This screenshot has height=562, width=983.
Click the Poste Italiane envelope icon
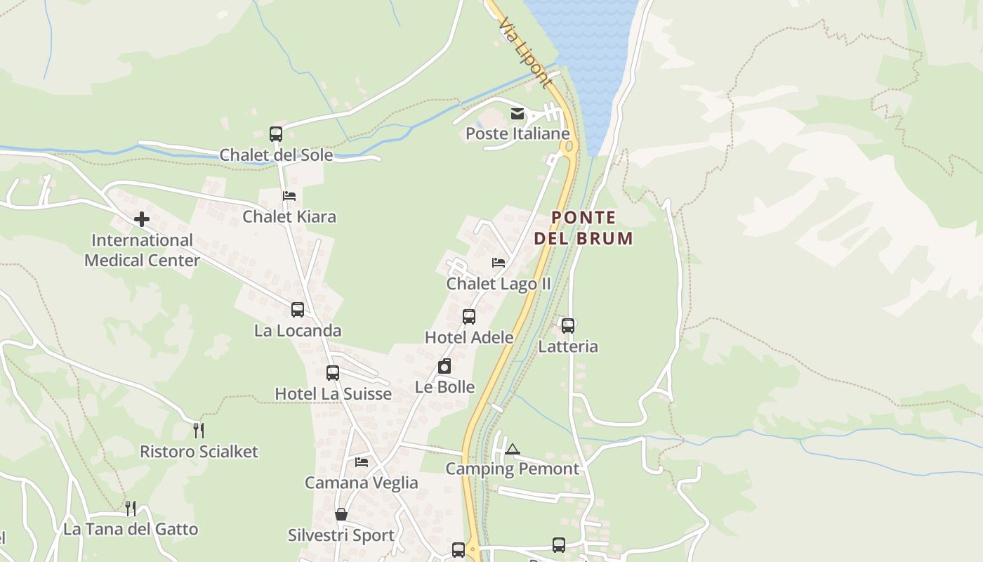[517, 114]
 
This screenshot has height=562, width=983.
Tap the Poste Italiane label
[517, 133]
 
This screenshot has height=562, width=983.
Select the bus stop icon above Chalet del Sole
[276, 133]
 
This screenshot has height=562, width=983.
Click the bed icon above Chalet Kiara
[289, 196]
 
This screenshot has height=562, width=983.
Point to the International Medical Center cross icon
[142, 219]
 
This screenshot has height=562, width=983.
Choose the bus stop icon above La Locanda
[298, 309]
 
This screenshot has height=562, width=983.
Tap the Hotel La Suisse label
[333, 393]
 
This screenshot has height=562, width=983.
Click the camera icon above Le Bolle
[444, 366]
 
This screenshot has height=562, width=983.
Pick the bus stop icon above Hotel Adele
[469, 316]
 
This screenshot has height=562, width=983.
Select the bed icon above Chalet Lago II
[499, 263]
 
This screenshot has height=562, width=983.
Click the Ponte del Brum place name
[583, 228]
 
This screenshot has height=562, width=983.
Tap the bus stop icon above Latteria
[568, 325]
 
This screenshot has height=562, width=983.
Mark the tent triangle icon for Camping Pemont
[513, 449]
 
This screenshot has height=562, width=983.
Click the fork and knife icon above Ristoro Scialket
[199, 430]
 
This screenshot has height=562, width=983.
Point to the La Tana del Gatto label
[131, 529]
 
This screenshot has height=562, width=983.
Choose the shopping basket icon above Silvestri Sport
[341, 514]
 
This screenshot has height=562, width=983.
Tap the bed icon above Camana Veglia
[362, 462]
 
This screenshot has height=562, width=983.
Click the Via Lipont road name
[525, 53]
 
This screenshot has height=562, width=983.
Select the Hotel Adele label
[469, 337]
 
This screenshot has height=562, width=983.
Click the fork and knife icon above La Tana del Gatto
[131, 508]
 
